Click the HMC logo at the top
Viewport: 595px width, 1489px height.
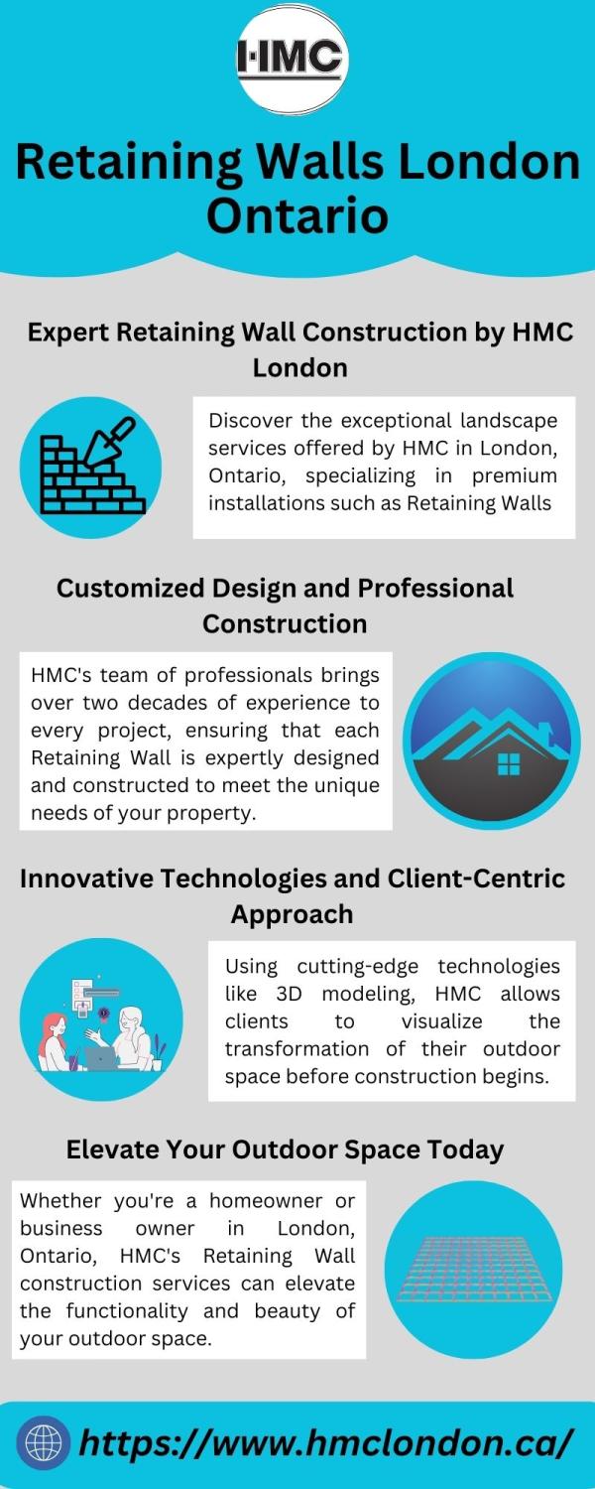coord(293,58)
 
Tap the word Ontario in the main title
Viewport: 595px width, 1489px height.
coord(297,216)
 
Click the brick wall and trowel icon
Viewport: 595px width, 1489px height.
coord(92,466)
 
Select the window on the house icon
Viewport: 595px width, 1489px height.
coord(509,763)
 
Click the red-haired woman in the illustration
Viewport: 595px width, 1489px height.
coord(54,1041)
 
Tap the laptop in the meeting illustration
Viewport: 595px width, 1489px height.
coord(101,1058)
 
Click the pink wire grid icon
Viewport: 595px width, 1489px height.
coord(474,1269)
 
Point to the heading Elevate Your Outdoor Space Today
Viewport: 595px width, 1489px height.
coord(285,1150)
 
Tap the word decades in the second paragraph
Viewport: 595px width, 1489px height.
coord(164,703)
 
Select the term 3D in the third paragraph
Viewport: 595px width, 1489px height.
coord(289,994)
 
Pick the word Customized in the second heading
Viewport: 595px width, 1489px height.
coord(130,589)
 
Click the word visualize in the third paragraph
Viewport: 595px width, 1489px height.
coord(441,1021)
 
